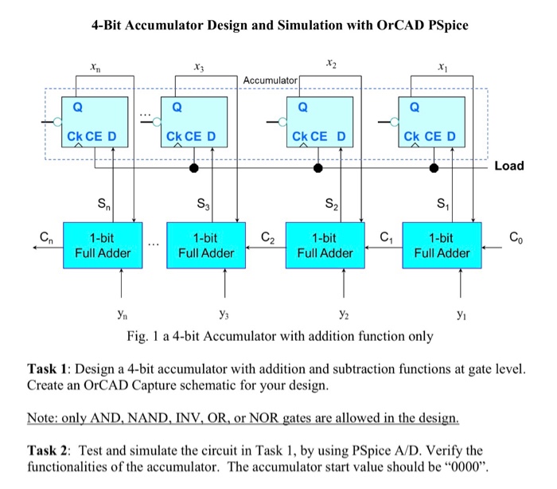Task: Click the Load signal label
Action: coord(508,166)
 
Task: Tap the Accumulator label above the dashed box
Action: coord(270,81)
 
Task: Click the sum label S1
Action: coord(442,211)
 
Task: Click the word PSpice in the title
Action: coord(444,25)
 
